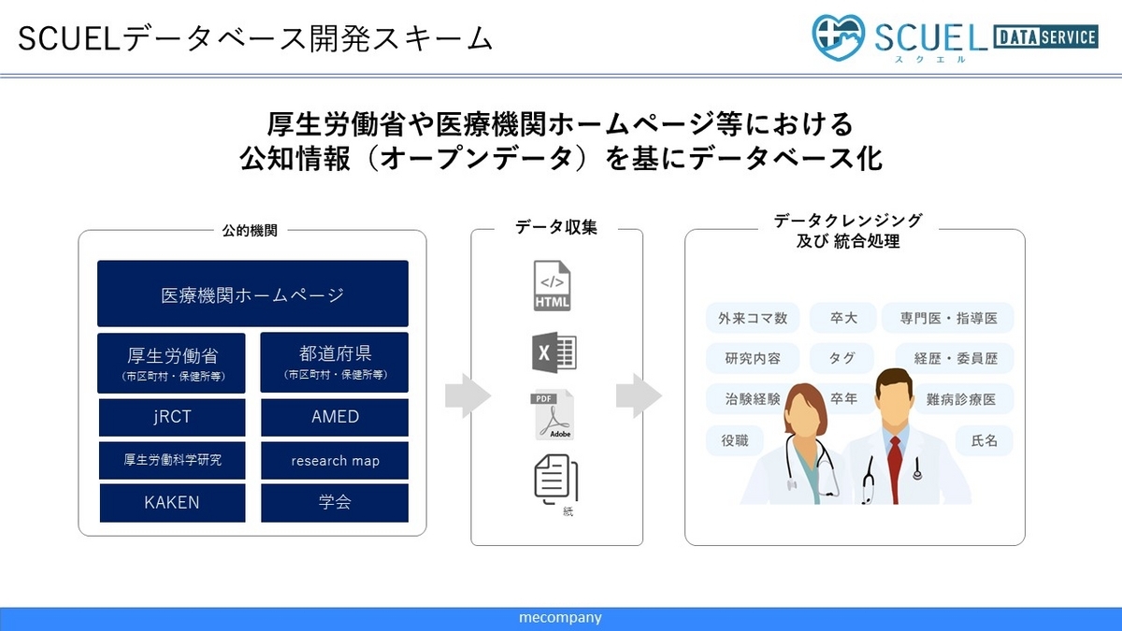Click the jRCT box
point(172,417)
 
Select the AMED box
point(335,417)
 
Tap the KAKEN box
point(172,502)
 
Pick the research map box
point(335,460)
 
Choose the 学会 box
point(335,502)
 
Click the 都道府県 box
point(335,362)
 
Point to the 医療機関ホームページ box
point(252,294)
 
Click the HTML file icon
point(552,285)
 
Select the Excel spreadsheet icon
point(554,352)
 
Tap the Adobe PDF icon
point(552,415)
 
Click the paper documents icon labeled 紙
point(556,480)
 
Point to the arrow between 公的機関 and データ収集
point(467,395)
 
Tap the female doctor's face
point(803,416)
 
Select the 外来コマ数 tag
point(753,318)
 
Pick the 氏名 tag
point(985,440)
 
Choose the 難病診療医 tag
point(962,399)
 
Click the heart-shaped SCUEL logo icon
point(838,37)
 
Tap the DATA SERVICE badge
point(1046,37)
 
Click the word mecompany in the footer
point(560,618)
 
